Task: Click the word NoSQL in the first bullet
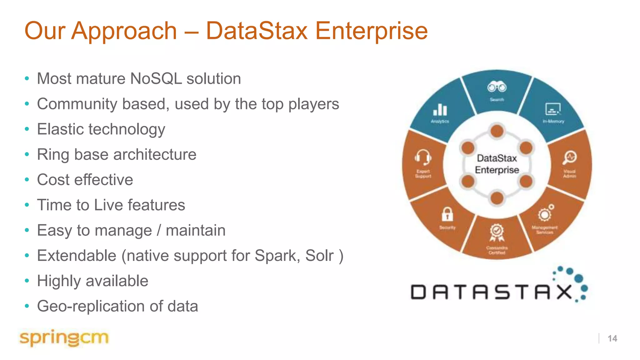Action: (156, 78)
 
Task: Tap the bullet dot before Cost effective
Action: (27, 180)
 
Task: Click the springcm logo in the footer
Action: (64, 338)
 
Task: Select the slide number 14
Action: (612, 338)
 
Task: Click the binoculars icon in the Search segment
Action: (497, 87)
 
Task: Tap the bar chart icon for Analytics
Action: (440, 110)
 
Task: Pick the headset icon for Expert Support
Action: (423, 157)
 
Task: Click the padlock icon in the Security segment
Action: (447, 214)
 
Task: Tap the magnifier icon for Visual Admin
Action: (570, 157)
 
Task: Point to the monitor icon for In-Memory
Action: (553, 109)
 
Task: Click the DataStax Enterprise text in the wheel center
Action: (497, 164)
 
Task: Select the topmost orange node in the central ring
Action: (497, 131)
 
